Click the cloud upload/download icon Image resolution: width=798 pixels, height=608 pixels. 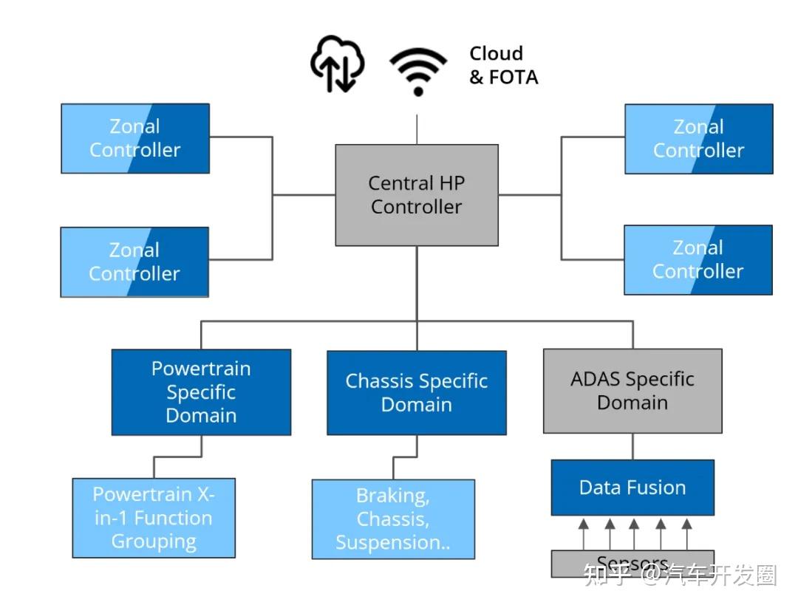337,64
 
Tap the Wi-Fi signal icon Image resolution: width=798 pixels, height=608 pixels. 418,72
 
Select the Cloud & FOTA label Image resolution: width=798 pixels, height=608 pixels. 503,65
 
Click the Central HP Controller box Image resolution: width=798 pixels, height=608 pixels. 417,195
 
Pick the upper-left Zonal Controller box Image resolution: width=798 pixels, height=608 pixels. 135,138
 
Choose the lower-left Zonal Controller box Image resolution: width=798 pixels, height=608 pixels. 134,262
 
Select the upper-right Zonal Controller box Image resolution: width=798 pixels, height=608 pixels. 698,139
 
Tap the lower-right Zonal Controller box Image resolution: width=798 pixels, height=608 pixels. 698,260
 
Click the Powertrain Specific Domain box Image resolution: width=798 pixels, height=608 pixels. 201,392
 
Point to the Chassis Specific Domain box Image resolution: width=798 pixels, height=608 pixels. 417,392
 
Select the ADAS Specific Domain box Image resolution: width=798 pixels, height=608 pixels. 632,391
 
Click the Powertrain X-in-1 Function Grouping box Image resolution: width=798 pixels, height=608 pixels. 154,518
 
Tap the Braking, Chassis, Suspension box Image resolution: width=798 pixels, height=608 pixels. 393,519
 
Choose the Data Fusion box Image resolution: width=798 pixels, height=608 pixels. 632,488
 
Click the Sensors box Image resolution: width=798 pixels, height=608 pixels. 632,563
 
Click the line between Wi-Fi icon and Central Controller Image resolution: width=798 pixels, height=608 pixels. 417,129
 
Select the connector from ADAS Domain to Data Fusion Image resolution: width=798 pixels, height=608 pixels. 632,446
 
